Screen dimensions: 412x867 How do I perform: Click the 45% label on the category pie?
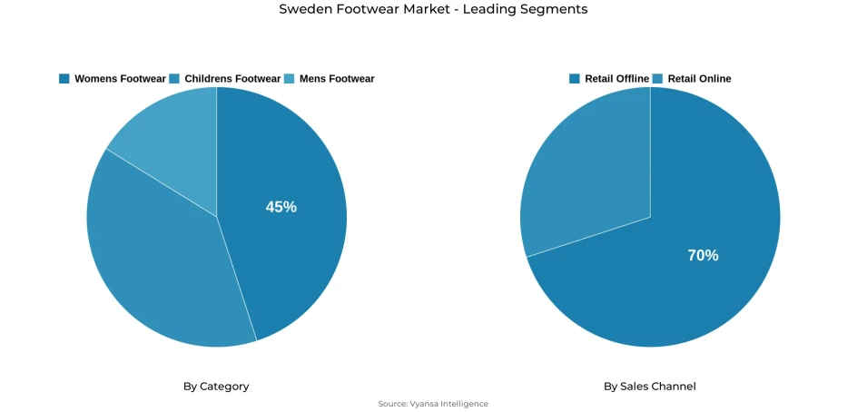point(281,207)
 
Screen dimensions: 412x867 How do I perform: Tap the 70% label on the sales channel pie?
point(703,256)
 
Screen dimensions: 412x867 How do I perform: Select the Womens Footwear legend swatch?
point(64,79)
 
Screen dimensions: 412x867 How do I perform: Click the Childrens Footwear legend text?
point(232,79)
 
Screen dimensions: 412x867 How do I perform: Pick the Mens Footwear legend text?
point(336,79)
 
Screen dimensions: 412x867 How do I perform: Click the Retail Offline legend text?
point(616,79)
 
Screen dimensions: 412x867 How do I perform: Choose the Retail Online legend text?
point(699,79)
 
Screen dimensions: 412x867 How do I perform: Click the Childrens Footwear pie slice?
point(154,263)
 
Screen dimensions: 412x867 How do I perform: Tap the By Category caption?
point(216,387)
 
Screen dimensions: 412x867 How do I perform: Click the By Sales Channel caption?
point(650,387)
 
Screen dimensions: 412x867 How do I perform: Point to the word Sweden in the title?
point(304,9)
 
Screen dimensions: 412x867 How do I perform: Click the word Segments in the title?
point(554,9)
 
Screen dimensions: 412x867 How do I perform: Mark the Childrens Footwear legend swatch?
point(174,79)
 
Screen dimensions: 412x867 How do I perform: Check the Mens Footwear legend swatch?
point(290,79)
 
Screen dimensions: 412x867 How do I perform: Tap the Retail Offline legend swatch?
point(575,79)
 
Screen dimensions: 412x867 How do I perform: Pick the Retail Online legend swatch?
point(658,79)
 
